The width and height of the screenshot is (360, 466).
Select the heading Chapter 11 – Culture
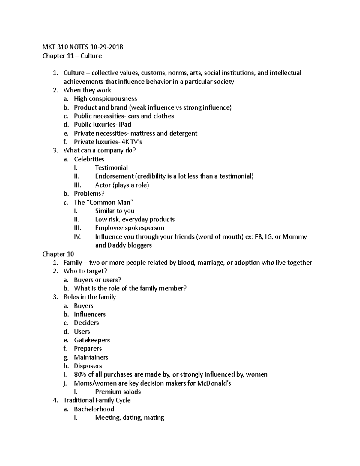[72, 56]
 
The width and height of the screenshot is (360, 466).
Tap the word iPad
[125, 125]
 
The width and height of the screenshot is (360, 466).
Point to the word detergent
[183, 133]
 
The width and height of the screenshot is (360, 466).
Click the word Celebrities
[89, 159]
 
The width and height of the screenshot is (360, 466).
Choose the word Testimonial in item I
[111, 168]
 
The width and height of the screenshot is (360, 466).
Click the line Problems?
[89, 194]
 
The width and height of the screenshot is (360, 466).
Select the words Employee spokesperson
[130, 228]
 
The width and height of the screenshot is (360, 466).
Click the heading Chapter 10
[58, 254]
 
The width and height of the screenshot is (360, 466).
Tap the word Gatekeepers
[92, 340]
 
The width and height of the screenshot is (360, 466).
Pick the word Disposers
[88, 366]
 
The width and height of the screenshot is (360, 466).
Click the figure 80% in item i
[80, 374]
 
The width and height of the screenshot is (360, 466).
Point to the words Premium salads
[118, 392]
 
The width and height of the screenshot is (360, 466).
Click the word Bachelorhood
[94, 409]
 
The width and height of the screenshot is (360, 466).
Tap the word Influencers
[90, 314]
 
